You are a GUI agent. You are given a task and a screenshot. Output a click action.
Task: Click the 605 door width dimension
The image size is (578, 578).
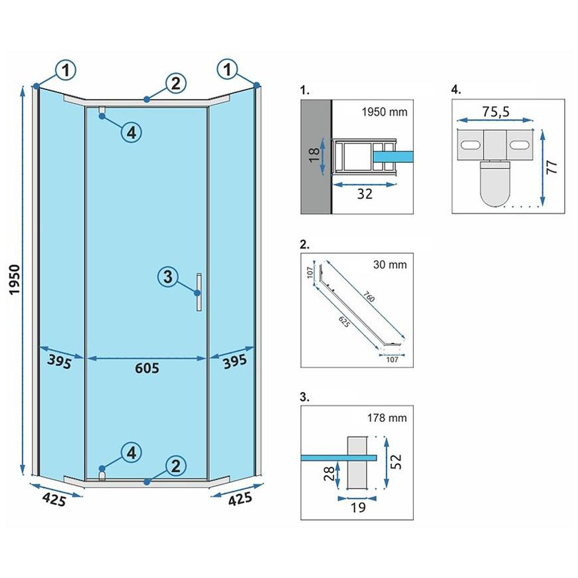(x=147, y=368)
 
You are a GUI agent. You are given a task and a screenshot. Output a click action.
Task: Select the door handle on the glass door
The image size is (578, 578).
(x=198, y=292)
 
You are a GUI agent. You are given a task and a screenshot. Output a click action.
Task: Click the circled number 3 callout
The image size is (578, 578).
(x=168, y=277)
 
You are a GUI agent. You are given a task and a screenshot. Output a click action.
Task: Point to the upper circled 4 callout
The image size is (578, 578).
(x=132, y=132)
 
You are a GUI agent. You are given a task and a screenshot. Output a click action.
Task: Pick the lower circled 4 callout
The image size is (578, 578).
(x=132, y=453)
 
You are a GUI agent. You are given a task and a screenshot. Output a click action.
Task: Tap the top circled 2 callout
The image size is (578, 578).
(x=175, y=84)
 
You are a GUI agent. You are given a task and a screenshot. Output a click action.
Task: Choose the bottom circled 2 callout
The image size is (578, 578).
(x=175, y=466)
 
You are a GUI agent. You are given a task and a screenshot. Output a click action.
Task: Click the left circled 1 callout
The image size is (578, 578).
(x=66, y=68)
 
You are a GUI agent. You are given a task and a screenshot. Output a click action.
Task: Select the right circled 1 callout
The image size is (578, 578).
(x=228, y=68)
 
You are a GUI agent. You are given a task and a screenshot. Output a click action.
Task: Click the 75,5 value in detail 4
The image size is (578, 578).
(x=496, y=111)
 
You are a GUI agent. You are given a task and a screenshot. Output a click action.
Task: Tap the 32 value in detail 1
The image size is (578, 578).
(x=365, y=193)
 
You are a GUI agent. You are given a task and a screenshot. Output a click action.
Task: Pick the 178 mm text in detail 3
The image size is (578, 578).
(x=386, y=418)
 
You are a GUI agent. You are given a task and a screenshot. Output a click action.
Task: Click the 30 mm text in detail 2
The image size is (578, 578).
(x=389, y=265)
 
